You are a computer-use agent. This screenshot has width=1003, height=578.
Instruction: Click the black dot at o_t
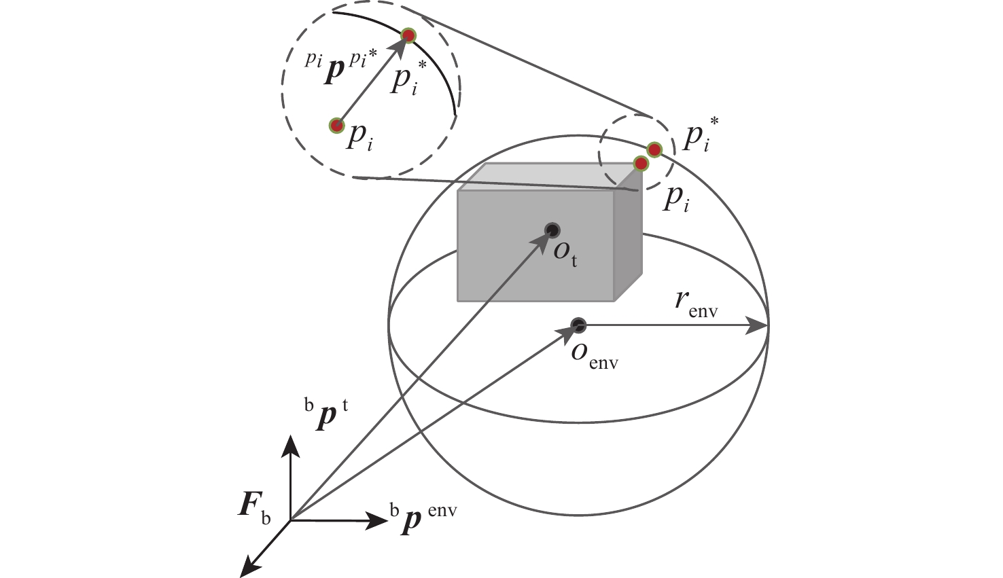click(552, 230)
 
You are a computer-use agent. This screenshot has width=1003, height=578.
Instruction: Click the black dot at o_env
click(579, 325)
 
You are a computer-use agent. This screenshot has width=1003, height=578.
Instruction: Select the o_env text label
click(595, 357)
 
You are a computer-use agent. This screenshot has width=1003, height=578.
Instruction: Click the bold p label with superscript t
click(326, 416)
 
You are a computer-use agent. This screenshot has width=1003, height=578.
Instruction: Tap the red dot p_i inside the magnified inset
click(337, 126)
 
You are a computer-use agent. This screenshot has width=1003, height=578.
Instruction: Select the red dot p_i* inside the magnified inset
click(408, 35)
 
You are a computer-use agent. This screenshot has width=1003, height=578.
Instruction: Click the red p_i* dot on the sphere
click(654, 149)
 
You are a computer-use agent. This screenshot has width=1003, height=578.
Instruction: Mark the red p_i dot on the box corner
click(641, 164)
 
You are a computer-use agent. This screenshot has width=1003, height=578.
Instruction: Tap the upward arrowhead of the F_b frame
click(291, 446)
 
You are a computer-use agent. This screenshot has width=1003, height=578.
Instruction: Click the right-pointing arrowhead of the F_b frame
click(376, 520)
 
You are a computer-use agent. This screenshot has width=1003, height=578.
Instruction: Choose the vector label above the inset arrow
click(341, 67)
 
